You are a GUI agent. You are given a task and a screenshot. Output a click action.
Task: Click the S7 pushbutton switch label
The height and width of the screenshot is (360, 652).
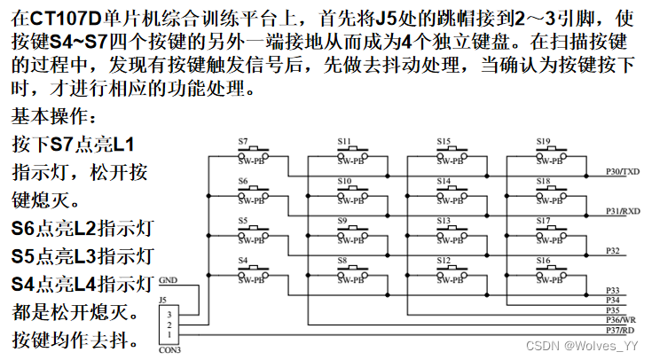243,140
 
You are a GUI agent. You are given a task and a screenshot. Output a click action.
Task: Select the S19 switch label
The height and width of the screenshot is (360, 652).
542,140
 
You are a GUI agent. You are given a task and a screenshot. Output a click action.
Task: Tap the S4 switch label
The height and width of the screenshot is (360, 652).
243,259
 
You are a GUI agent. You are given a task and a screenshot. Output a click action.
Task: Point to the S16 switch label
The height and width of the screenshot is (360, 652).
542,259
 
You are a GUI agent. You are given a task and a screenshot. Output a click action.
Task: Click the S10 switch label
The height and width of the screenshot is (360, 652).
343,180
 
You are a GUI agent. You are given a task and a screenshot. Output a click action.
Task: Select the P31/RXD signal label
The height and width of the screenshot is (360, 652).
622,211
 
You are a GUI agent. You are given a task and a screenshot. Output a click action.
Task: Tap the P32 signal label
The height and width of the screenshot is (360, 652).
612,251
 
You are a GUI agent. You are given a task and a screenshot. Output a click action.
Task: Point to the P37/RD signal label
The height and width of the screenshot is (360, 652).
620,328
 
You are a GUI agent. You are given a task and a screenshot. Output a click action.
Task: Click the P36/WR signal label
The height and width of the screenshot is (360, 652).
621,319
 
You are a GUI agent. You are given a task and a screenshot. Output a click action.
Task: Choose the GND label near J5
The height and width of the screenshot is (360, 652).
168,279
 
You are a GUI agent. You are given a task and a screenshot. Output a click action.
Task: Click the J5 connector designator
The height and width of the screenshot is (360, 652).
162,300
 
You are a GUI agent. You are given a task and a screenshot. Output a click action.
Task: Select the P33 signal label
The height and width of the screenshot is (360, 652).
612,291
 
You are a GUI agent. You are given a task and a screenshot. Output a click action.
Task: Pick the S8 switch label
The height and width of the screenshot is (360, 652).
342,259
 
